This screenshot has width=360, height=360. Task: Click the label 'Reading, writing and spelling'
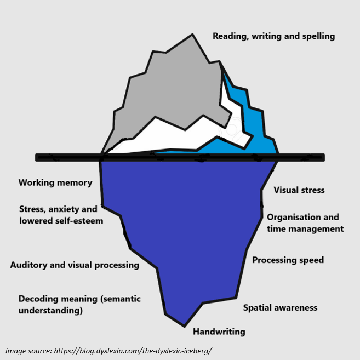(273, 37)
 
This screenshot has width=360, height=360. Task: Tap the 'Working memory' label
(55, 183)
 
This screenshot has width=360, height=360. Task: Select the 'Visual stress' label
(299, 190)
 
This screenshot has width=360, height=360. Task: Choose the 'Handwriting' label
(219, 332)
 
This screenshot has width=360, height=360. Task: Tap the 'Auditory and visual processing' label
(75, 265)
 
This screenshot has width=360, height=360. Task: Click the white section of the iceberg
(164, 137)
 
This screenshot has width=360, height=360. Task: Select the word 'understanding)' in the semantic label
(50, 311)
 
